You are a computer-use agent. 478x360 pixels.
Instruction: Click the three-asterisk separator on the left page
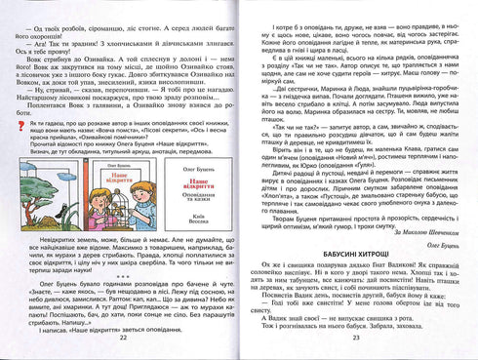(121, 276)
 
